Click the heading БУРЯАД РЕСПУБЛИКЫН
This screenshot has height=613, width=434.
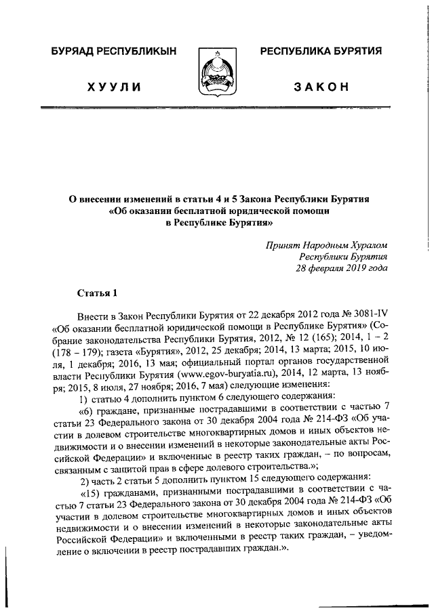click(x=113, y=51)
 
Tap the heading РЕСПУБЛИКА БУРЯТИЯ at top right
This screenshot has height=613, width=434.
click(x=321, y=51)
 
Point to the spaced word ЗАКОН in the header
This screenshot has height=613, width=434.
click(x=321, y=87)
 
